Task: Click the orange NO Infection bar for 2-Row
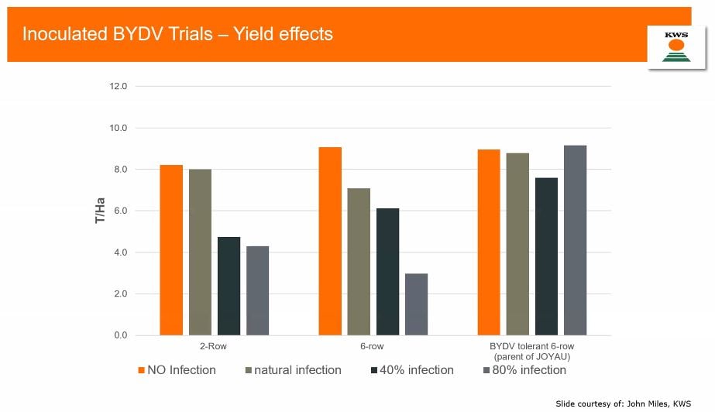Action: (x=171, y=250)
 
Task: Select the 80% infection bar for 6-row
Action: (x=416, y=304)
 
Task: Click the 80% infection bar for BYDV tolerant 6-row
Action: (x=575, y=240)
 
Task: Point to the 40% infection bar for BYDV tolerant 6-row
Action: (x=546, y=256)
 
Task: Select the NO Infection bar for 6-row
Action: (x=330, y=241)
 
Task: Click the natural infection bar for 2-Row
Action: (x=200, y=252)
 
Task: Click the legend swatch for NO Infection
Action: (x=143, y=370)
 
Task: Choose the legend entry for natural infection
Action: (x=297, y=370)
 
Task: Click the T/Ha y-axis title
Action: (x=100, y=211)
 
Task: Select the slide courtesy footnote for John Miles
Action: (x=623, y=403)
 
